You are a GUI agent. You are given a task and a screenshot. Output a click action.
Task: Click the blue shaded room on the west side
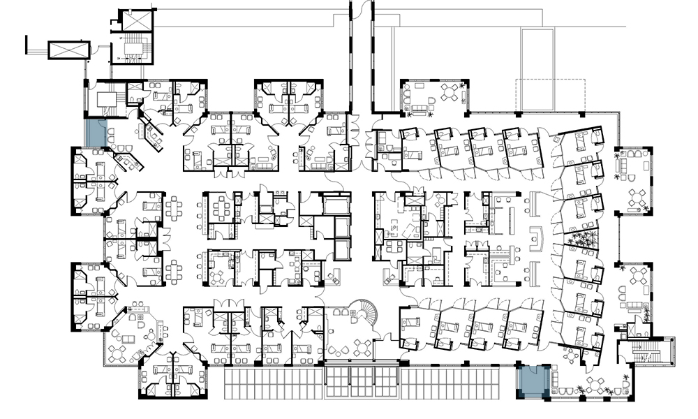click(95, 133)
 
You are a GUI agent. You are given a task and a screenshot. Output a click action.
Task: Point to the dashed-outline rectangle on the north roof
click(549, 95)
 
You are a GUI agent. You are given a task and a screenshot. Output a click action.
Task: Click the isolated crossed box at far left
click(68, 50)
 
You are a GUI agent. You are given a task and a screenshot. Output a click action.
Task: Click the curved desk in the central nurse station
click(536, 237)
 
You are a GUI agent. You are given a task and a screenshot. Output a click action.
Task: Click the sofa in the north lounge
click(421, 108)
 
